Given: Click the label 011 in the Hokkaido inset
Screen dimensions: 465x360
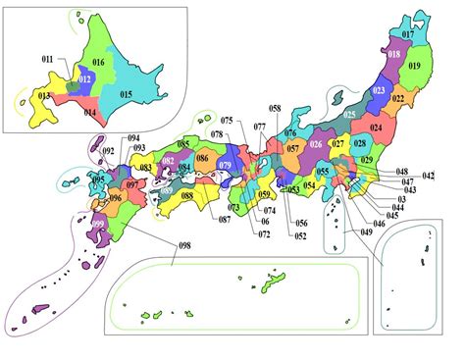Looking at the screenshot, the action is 47,61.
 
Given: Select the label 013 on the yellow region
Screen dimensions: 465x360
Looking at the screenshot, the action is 43,95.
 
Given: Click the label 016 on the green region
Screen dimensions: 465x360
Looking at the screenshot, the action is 98,62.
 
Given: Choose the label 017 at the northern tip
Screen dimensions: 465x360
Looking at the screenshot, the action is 407,35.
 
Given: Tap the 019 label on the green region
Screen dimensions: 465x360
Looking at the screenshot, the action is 413,66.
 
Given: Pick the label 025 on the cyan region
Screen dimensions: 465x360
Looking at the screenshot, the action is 350,116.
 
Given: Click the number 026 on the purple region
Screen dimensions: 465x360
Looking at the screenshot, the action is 315,145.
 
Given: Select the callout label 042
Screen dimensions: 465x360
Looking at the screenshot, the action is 429,176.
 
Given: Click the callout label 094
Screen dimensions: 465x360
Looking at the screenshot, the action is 133,138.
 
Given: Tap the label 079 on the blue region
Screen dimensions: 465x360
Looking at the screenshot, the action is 224,165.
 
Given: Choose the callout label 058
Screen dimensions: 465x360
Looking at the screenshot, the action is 275,108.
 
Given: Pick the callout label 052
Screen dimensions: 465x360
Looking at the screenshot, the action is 300,235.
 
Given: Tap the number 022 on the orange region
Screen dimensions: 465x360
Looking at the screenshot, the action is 397,98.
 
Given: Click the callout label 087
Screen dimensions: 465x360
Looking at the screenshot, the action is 225,220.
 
